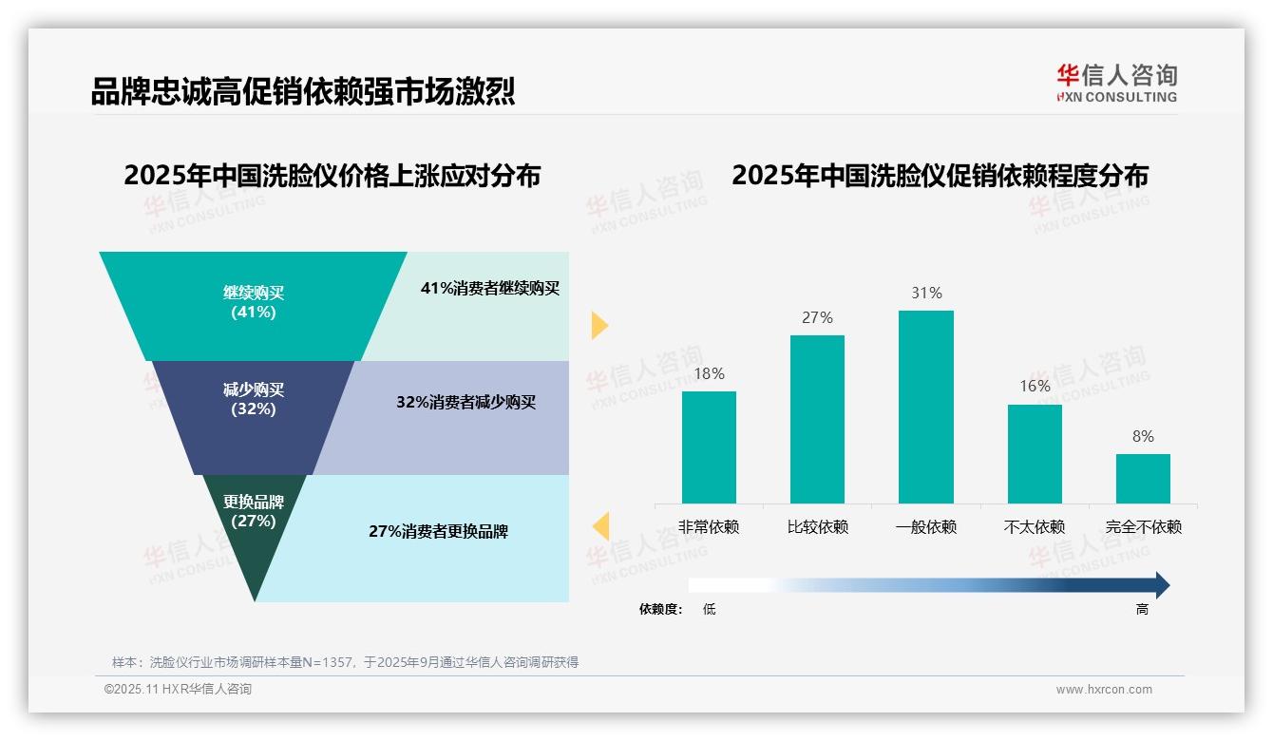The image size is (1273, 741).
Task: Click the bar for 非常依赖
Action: click(709, 446)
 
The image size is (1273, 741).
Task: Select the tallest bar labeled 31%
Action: click(925, 407)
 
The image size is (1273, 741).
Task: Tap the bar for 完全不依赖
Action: click(1143, 478)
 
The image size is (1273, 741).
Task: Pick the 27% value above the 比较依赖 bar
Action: click(817, 317)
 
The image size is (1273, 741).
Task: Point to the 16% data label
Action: click(1035, 386)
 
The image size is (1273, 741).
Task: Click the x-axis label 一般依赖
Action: click(925, 527)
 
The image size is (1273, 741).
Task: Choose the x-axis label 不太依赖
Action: click(1035, 527)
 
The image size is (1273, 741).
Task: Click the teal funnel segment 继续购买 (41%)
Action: click(254, 302)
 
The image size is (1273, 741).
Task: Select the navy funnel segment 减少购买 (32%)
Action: click(254, 399)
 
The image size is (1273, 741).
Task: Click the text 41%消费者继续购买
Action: click(490, 288)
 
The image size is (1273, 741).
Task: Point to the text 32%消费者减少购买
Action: click(465, 402)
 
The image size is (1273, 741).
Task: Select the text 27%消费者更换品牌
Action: click(438, 531)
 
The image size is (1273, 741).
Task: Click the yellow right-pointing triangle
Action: click(599, 325)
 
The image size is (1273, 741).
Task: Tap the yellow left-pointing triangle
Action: click(599, 525)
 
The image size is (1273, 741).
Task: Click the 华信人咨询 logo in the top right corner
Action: click(1116, 82)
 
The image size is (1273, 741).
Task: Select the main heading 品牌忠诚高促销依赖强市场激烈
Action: click(303, 91)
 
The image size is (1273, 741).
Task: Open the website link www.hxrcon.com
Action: click(1104, 690)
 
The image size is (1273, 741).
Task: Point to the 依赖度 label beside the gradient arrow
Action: click(660, 610)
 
